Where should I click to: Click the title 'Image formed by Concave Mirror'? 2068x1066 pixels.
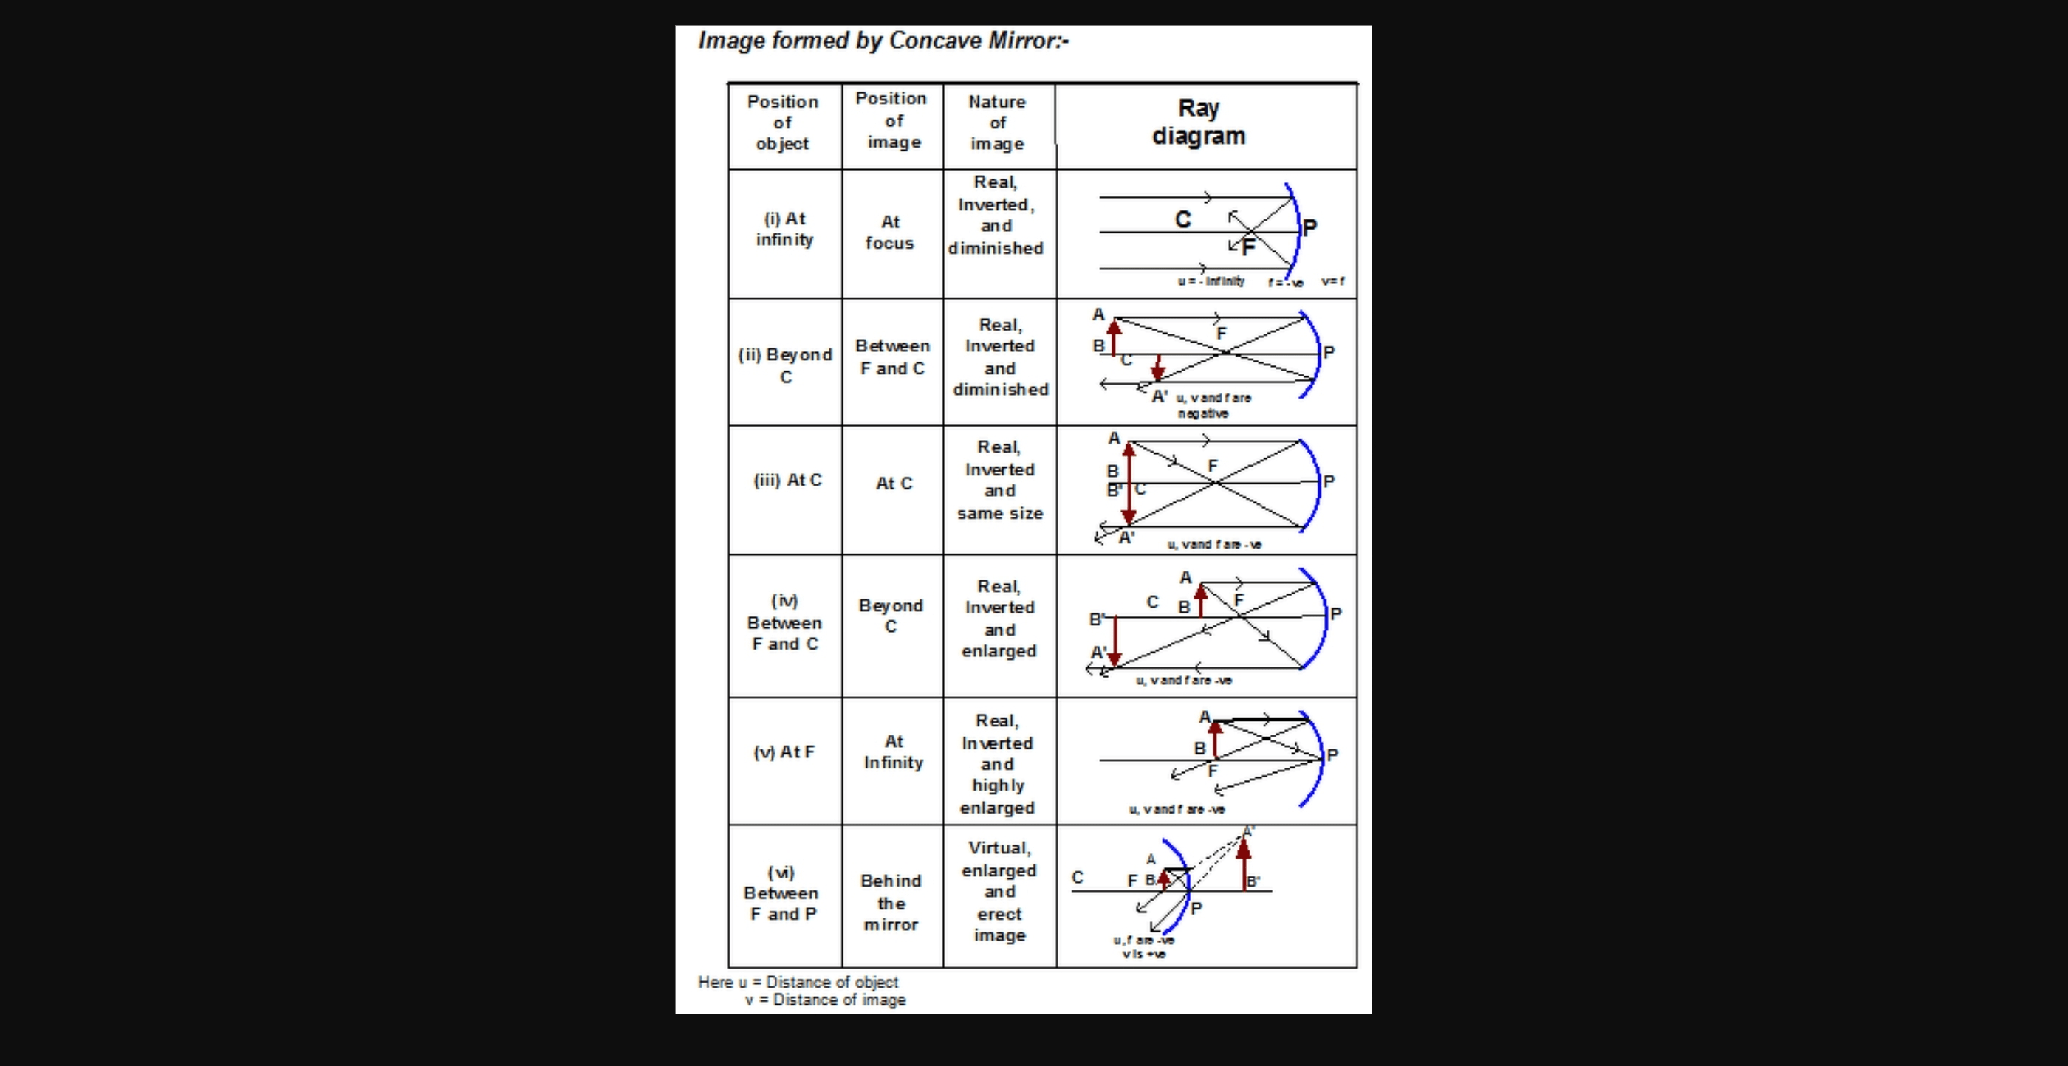[x=883, y=41]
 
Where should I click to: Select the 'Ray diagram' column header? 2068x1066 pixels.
[x=1199, y=122]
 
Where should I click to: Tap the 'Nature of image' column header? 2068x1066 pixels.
[x=997, y=123]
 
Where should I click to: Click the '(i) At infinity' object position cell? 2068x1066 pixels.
[x=784, y=230]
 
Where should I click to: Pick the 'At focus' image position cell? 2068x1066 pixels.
[x=890, y=233]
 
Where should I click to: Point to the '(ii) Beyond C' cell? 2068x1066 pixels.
[x=784, y=365]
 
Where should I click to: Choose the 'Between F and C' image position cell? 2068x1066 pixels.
[x=892, y=357]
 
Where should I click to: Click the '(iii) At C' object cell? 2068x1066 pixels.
[x=787, y=480]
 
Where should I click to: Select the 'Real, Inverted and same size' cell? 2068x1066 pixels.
[x=999, y=480]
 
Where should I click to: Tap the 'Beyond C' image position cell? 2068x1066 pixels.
[x=890, y=616]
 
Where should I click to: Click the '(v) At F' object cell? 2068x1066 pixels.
[x=784, y=752]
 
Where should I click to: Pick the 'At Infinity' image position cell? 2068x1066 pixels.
[x=893, y=752]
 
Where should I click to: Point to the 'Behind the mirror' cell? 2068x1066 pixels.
[x=890, y=902]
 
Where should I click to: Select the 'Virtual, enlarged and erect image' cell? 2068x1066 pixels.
[x=999, y=891]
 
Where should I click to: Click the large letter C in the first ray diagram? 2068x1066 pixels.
[x=1182, y=220]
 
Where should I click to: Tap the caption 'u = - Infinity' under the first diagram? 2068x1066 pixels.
[x=1211, y=281]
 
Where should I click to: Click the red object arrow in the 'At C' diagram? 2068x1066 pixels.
[x=1129, y=481]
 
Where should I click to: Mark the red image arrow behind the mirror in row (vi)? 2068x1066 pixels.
[x=1244, y=864]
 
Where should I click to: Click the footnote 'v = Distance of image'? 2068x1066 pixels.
[x=825, y=1000]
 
